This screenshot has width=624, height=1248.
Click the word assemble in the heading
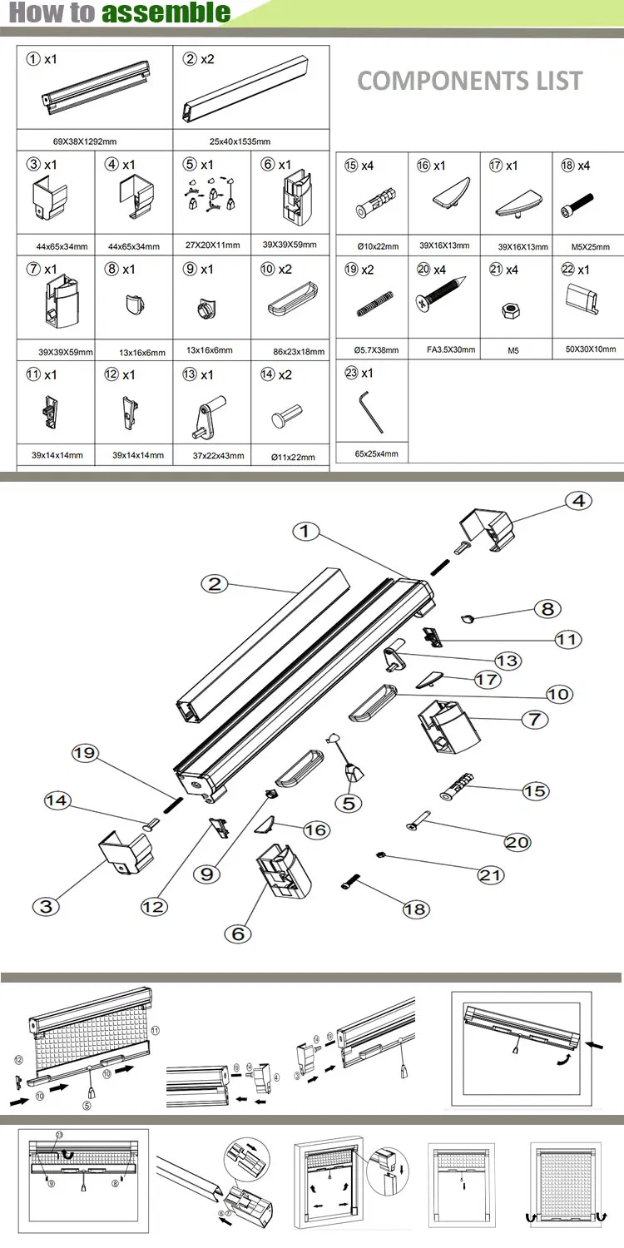point(166,12)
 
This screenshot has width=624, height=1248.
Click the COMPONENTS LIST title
point(469,81)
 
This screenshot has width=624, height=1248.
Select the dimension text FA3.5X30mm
point(443,350)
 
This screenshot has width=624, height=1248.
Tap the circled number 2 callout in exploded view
point(215,584)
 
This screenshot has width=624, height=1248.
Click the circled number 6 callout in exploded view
point(238,934)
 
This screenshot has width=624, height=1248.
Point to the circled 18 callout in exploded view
point(414,909)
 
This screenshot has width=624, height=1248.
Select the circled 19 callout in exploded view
point(85,754)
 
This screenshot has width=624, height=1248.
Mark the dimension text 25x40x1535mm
point(240,141)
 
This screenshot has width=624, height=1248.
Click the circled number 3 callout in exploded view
point(46,906)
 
